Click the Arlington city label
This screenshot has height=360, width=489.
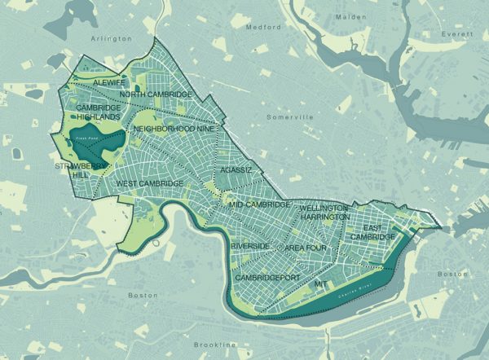112,38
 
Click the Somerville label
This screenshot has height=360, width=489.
291,117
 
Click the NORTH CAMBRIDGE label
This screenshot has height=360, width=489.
156,95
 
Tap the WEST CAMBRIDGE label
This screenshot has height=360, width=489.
150,183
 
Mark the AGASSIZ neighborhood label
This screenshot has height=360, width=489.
236,170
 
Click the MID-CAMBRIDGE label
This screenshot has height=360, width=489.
260,204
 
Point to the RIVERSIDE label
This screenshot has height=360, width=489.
251,246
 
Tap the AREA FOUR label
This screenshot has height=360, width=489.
305,246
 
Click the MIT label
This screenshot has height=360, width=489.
320,285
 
